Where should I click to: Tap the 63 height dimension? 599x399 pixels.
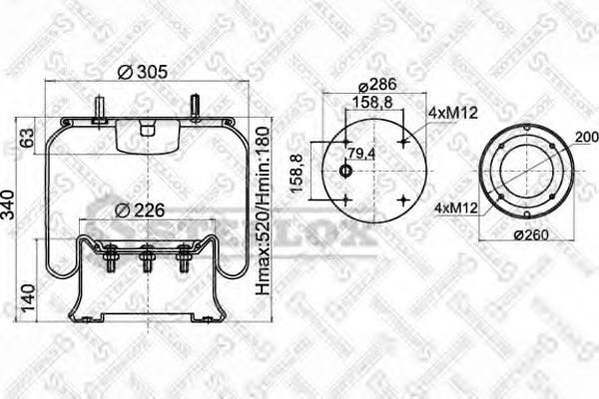click(x=27, y=137)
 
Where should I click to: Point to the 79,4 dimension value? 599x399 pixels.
click(x=361, y=153)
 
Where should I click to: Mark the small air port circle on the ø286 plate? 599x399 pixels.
click(x=346, y=172)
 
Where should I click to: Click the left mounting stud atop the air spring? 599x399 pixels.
click(x=101, y=108)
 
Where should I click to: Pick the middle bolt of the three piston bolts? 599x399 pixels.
click(x=147, y=260)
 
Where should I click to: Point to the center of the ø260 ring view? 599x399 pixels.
click(x=525, y=172)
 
